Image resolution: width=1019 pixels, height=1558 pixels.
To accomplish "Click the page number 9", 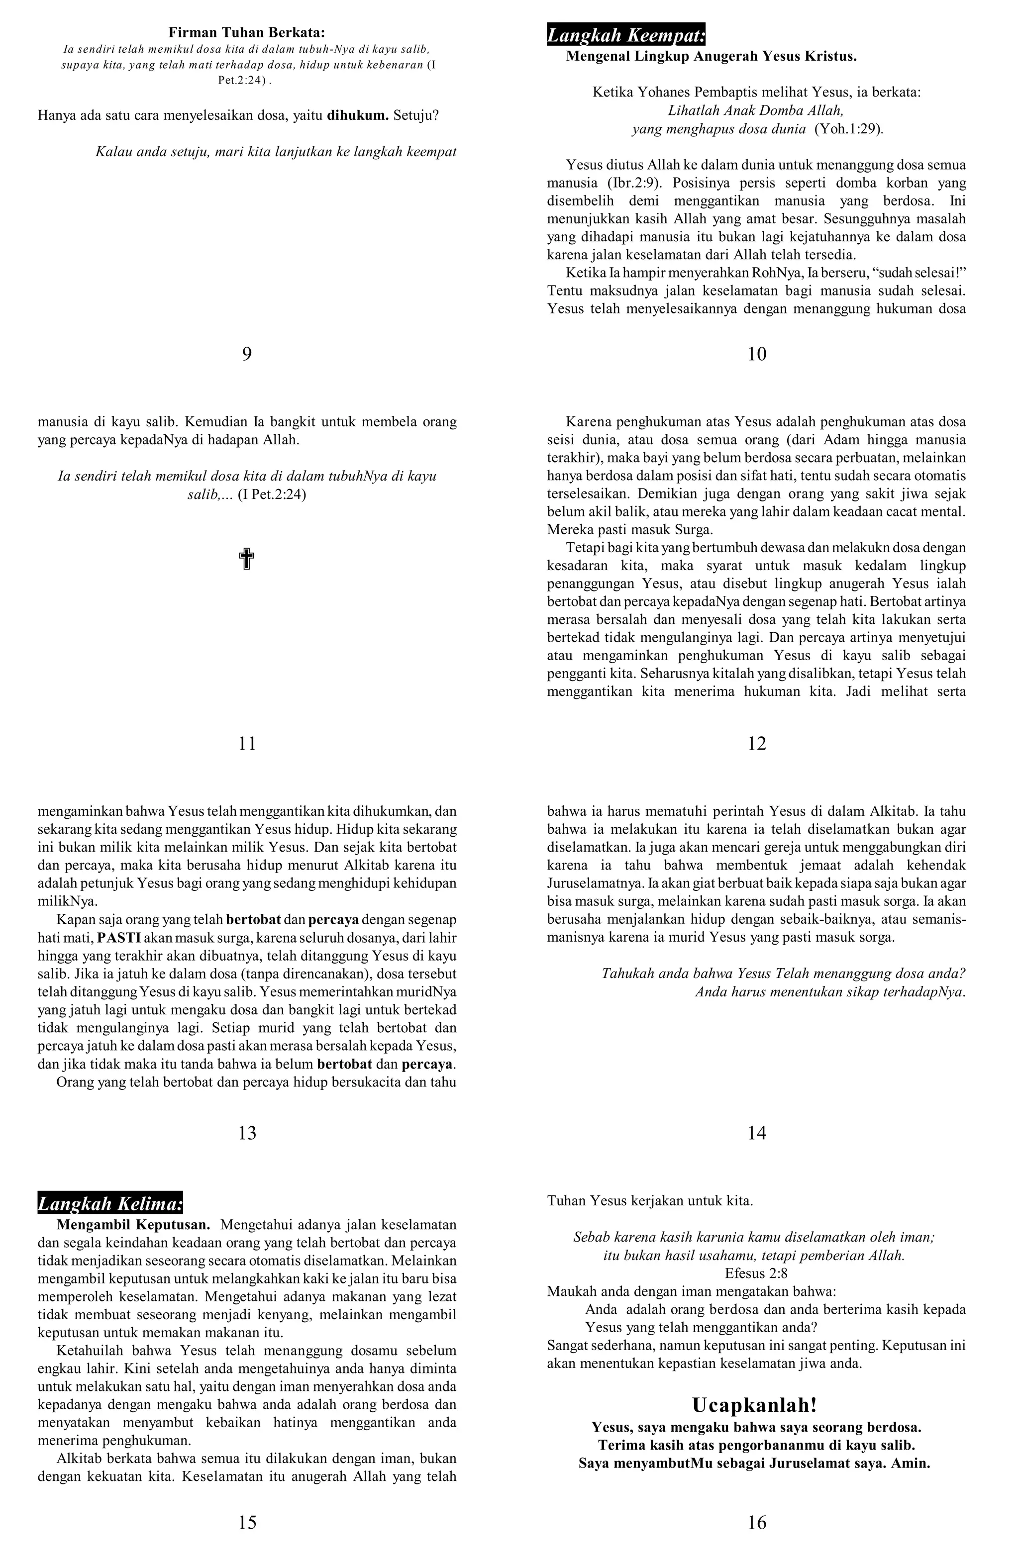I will point(247,354).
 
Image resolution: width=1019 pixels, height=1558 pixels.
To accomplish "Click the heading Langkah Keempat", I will point(625,35).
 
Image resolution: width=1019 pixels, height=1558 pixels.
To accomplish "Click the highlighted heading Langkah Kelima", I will point(109,1204).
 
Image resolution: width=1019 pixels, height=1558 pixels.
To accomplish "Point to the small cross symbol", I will point(246,560).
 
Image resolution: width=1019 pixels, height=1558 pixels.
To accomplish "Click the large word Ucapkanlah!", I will point(754,1405).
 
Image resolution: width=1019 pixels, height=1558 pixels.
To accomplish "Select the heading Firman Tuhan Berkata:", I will point(247,32).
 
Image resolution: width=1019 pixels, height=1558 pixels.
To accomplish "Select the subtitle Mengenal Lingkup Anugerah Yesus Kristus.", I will point(711,56).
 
